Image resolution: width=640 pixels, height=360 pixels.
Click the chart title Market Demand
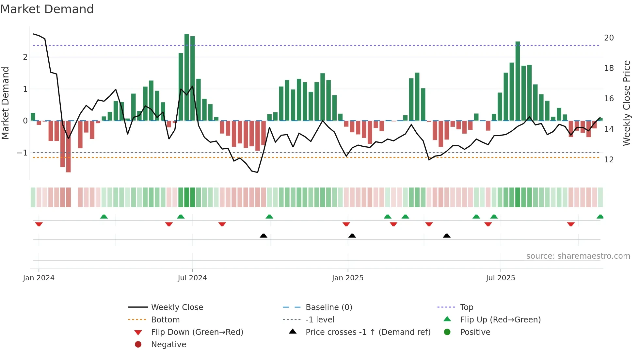(47, 9)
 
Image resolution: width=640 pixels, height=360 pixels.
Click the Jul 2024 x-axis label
(192, 278)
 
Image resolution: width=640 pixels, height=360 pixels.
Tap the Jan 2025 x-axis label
(347, 278)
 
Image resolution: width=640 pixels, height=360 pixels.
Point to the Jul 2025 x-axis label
(500, 278)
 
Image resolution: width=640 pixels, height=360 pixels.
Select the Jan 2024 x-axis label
(39, 278)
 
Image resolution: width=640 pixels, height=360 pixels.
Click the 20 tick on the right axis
(609, 38)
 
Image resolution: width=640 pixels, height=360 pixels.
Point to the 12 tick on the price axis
(609, 160)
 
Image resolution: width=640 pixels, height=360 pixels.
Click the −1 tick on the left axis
(22, 153)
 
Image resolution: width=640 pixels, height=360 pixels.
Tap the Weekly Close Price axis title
(626, 103)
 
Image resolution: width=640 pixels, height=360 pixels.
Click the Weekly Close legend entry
(177, 307)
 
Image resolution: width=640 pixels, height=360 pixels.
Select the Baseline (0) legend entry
(328, 307)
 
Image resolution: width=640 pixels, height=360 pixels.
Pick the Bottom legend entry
(165, 320)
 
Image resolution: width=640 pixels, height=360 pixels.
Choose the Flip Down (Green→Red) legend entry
(197, 332)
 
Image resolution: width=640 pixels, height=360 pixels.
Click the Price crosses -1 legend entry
(368, 332)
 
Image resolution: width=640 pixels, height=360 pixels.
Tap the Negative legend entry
(168, 345)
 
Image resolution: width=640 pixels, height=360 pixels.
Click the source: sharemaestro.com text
(578, 256)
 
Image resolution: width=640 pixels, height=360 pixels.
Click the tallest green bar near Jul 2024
(187, 77)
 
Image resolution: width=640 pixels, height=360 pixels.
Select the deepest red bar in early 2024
(68, 146)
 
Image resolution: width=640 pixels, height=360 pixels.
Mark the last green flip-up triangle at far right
(600, 217)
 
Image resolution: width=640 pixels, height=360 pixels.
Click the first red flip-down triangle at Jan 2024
(39, 224)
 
